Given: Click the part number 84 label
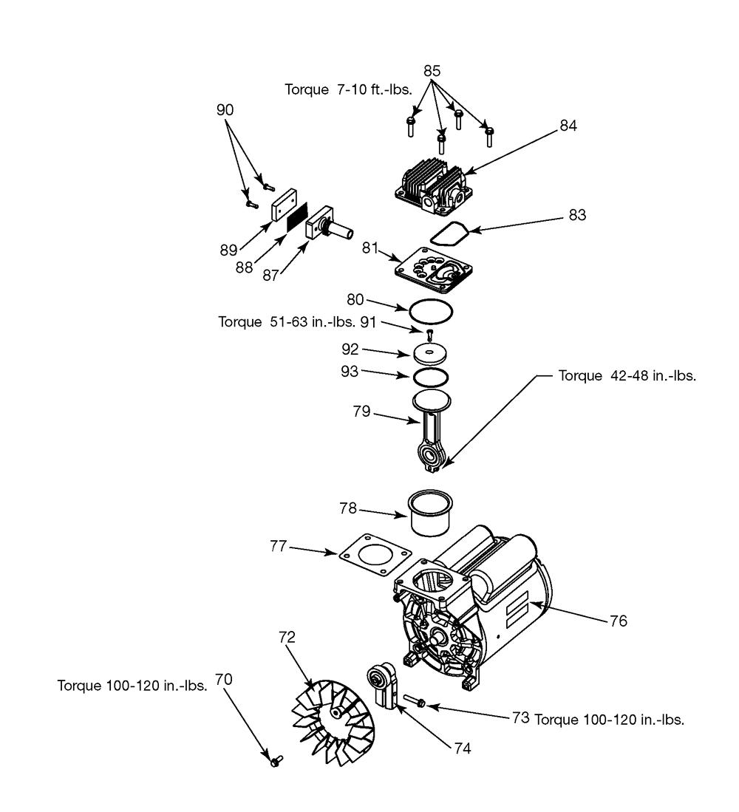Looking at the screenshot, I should [568, 126].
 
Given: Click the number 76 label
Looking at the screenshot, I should [619, 622].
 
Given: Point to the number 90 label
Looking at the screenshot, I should [225, 109].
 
